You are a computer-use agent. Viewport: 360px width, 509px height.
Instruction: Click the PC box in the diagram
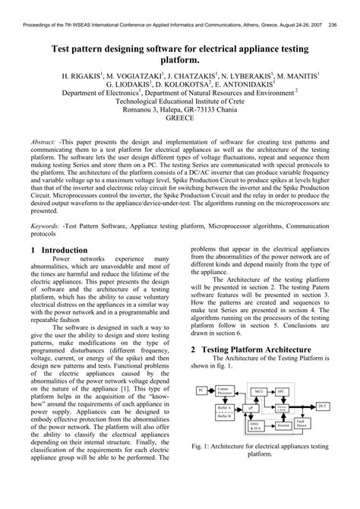201,390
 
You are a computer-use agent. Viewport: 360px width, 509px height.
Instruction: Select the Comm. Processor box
225,390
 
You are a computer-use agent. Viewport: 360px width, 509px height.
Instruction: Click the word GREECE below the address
180,119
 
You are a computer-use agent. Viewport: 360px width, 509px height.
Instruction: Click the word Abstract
46,142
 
